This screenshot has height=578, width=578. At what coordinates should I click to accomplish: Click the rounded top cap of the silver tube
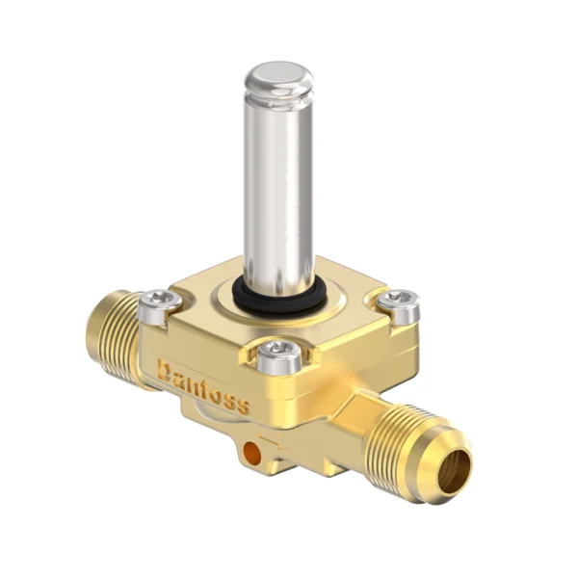(x=277, y=75)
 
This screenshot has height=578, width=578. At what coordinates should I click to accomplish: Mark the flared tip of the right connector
(x=447, y=463)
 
